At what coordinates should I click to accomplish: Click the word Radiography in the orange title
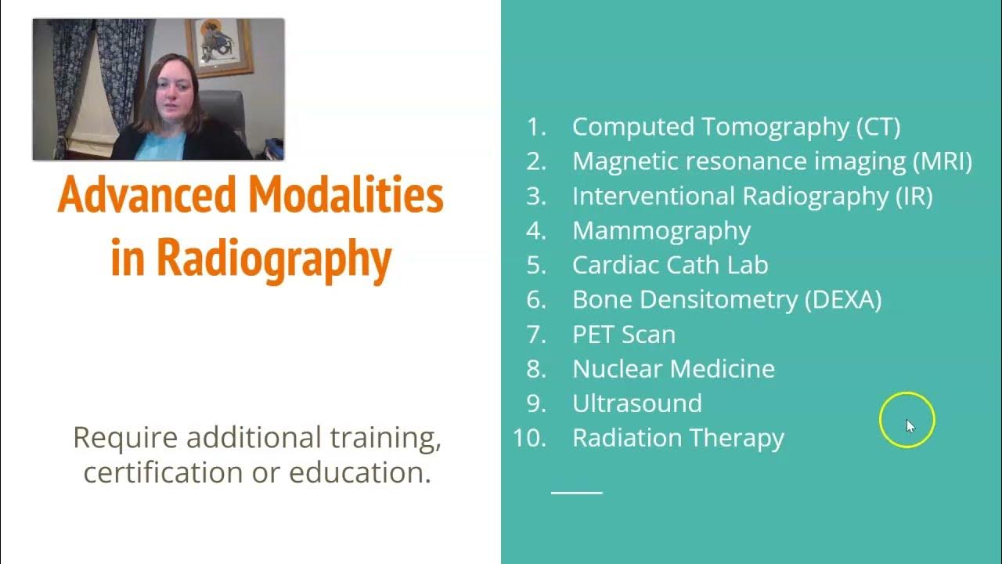coord(272,259)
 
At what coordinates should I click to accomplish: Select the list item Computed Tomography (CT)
coord(736,127)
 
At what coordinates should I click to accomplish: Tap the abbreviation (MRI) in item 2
coord(943,161)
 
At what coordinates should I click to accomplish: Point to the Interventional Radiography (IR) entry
coord(752,196)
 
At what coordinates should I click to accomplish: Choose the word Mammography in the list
coord(661,230)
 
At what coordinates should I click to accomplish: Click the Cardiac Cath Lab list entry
coord(670,265)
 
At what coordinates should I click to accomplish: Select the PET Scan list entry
coord(624,334)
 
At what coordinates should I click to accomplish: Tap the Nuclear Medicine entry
coord(673,368)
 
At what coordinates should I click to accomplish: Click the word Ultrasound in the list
coord(637,403)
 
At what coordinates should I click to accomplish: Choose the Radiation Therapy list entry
coord(678,437)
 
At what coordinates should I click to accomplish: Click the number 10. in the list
coord(529,437)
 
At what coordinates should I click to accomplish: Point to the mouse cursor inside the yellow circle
coord(910,425)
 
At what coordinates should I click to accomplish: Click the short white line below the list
coord(577,493)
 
